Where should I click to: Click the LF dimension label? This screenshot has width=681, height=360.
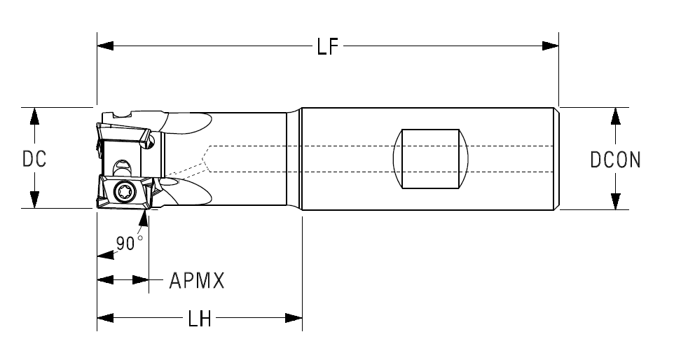coord(327,46)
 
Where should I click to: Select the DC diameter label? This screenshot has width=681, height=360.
coord(34,159)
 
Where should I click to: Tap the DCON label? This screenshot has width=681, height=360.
coord(615,160)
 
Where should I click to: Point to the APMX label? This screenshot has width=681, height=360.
coord(197,281)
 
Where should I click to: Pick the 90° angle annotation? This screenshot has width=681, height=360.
coord(128,242)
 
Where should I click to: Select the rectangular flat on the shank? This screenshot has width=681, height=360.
coord(430,159)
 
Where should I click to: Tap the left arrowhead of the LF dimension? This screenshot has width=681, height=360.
coord(105,46)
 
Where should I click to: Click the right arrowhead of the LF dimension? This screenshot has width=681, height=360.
coord(550,46)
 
